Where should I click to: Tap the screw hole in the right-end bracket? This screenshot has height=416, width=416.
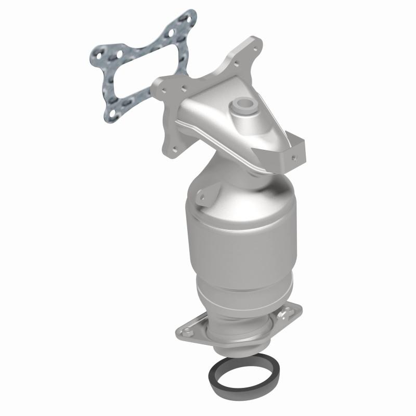tap(295, 154)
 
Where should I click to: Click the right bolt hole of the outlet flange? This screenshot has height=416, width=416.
tap(285, 314)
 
